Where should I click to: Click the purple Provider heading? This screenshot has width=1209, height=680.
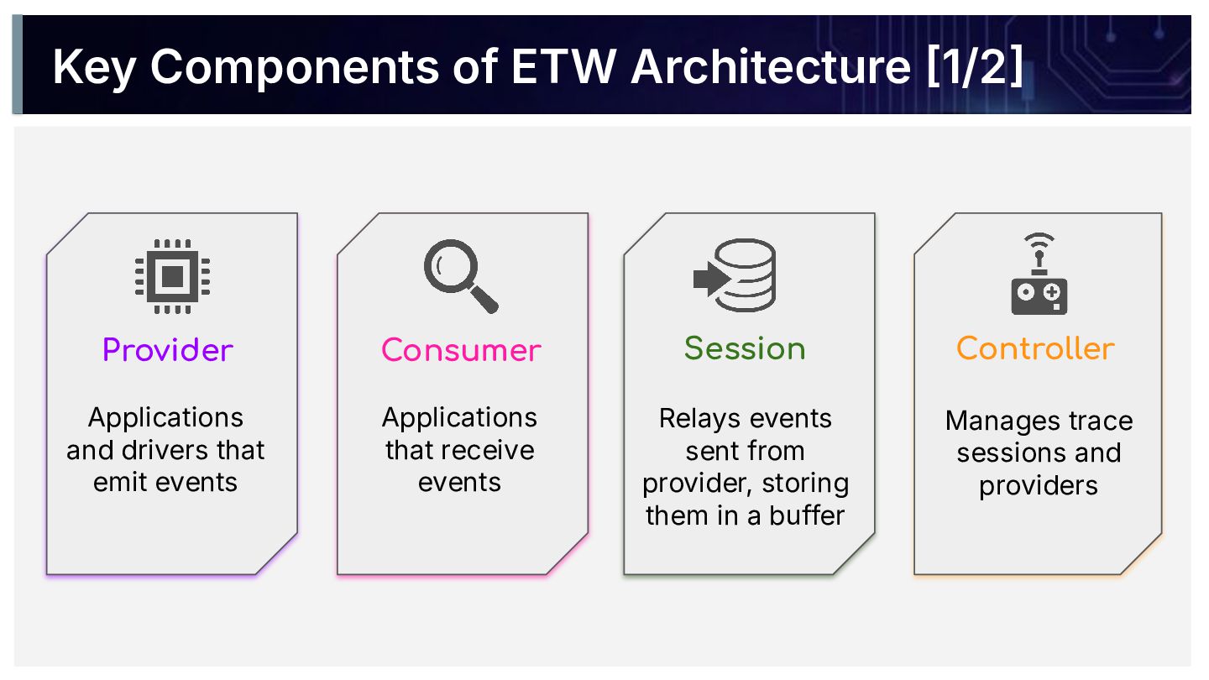tap(168, 349)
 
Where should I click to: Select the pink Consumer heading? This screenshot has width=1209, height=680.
tap(461, 349)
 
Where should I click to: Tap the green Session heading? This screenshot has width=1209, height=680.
tap(745, 348)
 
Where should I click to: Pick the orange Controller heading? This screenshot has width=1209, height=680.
tap(1035, 348)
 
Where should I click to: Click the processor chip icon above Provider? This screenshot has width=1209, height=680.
tap(172, 275)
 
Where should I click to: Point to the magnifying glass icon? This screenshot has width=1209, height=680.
tap(460, 275)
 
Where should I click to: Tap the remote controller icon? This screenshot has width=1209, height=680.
tap(1039, 275)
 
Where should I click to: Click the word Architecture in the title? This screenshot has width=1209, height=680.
tap(771, 67)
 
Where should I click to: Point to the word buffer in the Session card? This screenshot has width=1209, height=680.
tap(807, 515)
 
